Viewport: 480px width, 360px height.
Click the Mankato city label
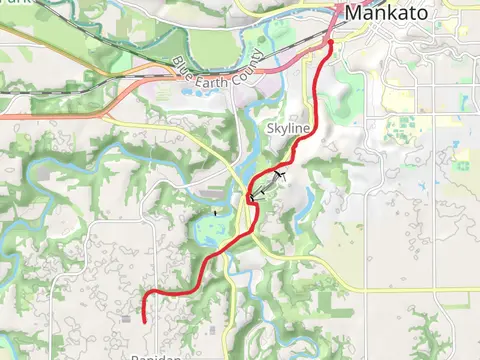[x=389, y=14]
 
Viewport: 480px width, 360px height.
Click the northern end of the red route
[x=330, y=43]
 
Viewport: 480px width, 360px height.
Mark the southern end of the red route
[x=145, y=320]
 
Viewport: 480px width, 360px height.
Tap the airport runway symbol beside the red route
[x=267, y=185]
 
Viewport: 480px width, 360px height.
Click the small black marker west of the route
[x=215, y=213]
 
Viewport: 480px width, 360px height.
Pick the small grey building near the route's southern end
[x=125, y=319]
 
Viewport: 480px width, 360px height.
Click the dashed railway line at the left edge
[x=15, y=91]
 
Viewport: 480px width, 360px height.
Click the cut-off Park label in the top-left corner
[x=10, y=3]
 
